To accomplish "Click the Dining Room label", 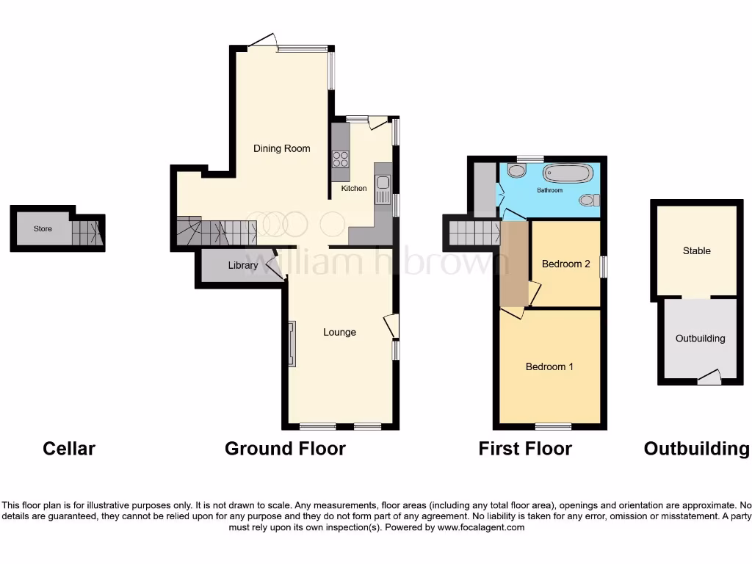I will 281,148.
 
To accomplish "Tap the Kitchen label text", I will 353,189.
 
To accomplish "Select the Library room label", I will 242,265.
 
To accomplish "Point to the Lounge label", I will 339,332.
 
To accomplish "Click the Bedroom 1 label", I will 549,366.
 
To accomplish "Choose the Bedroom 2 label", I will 565,264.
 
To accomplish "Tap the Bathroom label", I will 549,190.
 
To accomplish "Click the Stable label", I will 696,250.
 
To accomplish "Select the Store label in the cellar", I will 43,229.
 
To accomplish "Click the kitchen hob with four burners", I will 341,159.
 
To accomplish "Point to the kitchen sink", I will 383,189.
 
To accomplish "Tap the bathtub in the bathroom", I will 567,173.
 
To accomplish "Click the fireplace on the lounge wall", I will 292,344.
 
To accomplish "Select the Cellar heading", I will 69,448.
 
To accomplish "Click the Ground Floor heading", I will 285,448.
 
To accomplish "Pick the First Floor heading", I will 525,448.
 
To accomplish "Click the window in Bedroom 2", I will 603,266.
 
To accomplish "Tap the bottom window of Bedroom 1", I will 553,427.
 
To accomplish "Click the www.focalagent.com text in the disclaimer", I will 481,527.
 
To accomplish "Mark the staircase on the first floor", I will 474,233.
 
